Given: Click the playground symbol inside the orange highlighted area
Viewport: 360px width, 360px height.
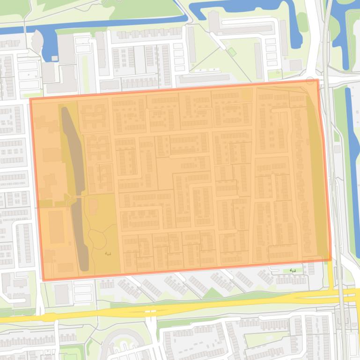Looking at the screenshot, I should (109, 253).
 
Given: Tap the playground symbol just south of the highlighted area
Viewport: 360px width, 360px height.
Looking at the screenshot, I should (293, 270).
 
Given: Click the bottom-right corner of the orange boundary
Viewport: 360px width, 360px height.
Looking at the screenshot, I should (331, 260).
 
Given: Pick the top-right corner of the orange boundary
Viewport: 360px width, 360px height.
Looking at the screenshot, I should (318, 80).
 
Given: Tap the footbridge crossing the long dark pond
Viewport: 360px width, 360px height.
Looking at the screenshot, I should (73, 201).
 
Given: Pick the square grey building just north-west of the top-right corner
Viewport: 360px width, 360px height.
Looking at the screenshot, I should (295, 65).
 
